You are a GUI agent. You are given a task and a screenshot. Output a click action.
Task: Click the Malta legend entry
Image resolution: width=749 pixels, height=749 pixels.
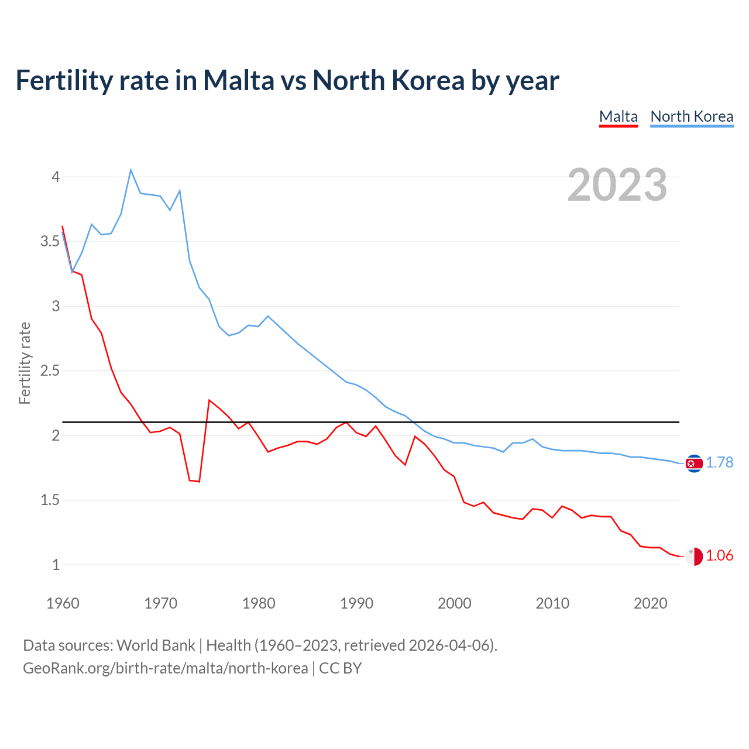point(618,116)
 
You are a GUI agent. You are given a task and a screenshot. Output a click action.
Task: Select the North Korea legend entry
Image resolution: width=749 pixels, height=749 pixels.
point(692,116)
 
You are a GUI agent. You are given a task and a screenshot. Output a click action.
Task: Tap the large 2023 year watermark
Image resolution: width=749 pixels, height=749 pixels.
point(617,185)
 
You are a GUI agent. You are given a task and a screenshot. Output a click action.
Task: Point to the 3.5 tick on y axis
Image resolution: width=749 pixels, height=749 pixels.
point(51,241)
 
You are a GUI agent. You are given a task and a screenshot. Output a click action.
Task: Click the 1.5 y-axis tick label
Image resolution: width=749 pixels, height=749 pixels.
point(51,500)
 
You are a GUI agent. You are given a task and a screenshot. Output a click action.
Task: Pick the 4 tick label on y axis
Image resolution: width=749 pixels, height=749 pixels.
point(56,176)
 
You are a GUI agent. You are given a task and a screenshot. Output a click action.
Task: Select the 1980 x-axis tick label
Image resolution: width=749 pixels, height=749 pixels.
point(259,603)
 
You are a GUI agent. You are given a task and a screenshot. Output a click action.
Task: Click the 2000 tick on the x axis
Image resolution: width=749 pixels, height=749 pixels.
point(454,603)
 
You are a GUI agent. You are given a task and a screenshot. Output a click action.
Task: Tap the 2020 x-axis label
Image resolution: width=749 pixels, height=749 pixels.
point(650,603)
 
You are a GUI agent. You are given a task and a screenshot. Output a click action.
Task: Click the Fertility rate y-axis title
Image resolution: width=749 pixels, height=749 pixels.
point(25,363)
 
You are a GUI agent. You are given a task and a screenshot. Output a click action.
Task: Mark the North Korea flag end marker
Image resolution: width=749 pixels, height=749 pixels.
point(694,463)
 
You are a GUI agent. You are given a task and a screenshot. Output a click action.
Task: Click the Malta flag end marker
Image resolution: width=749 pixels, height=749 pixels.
point(694,556)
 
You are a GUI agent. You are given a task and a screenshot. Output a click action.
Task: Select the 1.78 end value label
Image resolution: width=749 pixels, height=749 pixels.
point(719,462)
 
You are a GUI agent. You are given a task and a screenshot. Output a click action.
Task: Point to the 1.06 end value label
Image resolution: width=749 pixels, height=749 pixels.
point(719,555)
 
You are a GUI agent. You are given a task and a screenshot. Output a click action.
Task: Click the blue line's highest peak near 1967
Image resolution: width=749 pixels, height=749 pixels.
point(130,170)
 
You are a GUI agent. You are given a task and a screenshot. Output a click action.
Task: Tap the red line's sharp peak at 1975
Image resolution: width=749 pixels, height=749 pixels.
point(209,400)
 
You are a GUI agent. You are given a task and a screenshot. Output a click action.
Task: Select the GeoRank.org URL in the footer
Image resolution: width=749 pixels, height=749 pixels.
point(165,668)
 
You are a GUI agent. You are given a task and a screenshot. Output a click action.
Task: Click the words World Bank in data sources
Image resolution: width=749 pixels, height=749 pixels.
point(156,645)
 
